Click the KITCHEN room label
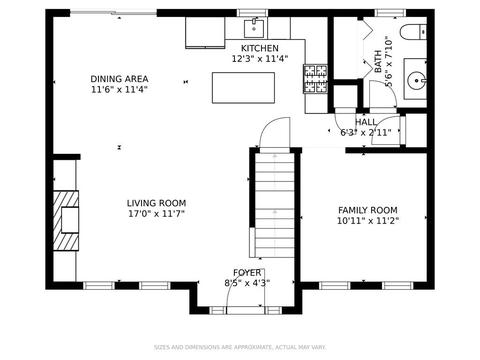[x=260, y=48]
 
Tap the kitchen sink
[x=254, y=29]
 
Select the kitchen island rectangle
[x=243, y=88]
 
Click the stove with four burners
[x=315, y=79]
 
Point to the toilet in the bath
[x=413, y=32]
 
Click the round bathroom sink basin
[x=416, y=80]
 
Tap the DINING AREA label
[x=119, y=79]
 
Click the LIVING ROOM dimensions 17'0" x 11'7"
[x=156, y=214]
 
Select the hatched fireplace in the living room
[x=66, y=220]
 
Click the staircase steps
[x=275, y=205]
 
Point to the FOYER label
[x=247, y=273]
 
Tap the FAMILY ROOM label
[x=368, y=210]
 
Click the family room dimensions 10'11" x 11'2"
[x=368, y=221]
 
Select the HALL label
[x=366, y=122]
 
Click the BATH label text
[x=378, y=61]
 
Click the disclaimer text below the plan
[x=240, y=347]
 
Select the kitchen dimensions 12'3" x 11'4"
[x=260, y=59]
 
